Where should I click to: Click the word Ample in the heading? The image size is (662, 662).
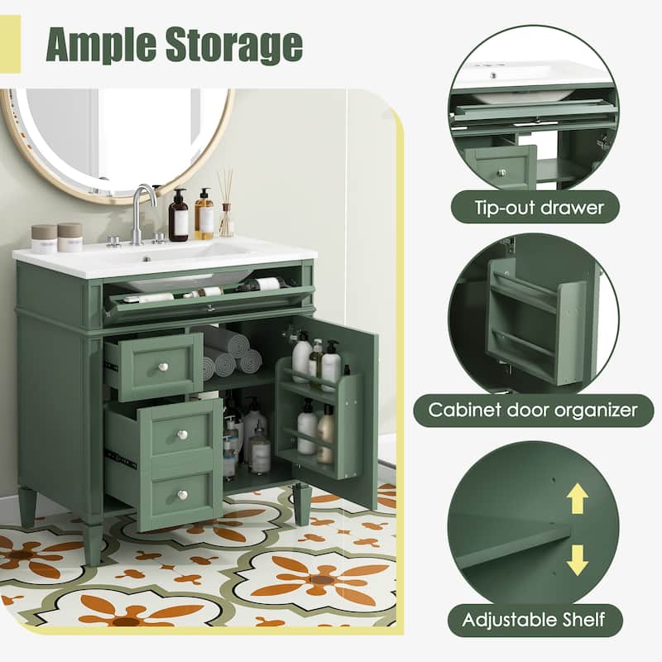pyautogui.click(x=101, y=45)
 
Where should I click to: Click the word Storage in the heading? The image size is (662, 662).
pyautogui.click(x=234, y=45)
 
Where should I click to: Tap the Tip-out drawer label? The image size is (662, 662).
pyautogui.click(x=540, y=208)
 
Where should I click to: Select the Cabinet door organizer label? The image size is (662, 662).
pyautogui.click(x=533, y=410)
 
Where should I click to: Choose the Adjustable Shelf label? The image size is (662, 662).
pyautogui.click(x=534, y=620)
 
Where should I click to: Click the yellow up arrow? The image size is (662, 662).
pyautogui.click(x=577, y=498)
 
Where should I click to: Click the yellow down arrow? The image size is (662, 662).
pyautogui.click(x=577, y=560)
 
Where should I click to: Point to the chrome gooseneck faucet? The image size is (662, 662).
pyautogui.click(x=141, y=214)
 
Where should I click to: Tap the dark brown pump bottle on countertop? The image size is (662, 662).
pyautogui.click(x=178, y=215)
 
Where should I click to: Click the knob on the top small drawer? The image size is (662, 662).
pyautogui.click(x=164, y=367)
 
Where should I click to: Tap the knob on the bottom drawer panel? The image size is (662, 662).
pyautogui.click(x=182, y=494)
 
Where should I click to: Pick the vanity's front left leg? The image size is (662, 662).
pyautogui.click(x=94, y=544)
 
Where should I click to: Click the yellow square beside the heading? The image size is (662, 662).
pyautogui.click(x=10, y=44)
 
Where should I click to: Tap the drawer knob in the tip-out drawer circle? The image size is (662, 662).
pyautogui.click(x=501, y=172)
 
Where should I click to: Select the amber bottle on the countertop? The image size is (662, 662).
pyautogui.click(x=204, y=214)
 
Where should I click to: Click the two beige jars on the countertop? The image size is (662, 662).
pyautogui.click(x=57, y=237)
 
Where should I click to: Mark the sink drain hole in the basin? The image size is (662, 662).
pyautogui.click(x=146, y=259)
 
